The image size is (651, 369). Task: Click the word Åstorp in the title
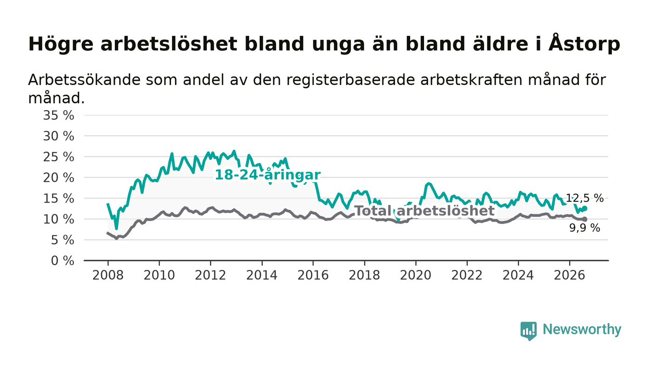(584, 44)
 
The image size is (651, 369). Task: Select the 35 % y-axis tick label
(59, 115)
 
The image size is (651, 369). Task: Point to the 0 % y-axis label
(62, 261)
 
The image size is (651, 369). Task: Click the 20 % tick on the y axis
(59, 178)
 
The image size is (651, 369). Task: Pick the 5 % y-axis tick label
(62, 240)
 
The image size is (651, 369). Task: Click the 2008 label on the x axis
(108, 275)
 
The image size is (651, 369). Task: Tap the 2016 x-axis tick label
(313, 275)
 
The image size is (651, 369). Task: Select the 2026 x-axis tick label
(569, 275)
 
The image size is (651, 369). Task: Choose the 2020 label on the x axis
(416, 275)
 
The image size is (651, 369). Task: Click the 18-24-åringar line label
(267, 175)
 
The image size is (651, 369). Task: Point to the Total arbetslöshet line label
(425, 211)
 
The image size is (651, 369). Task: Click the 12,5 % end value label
(585, 198)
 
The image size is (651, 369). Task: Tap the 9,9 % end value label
(585, 228)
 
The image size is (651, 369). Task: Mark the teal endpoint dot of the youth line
(585, 208)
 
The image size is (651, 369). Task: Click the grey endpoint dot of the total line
(585, 219)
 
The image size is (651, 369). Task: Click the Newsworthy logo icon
(528, 331)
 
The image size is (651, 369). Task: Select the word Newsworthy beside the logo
(582, 329)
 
